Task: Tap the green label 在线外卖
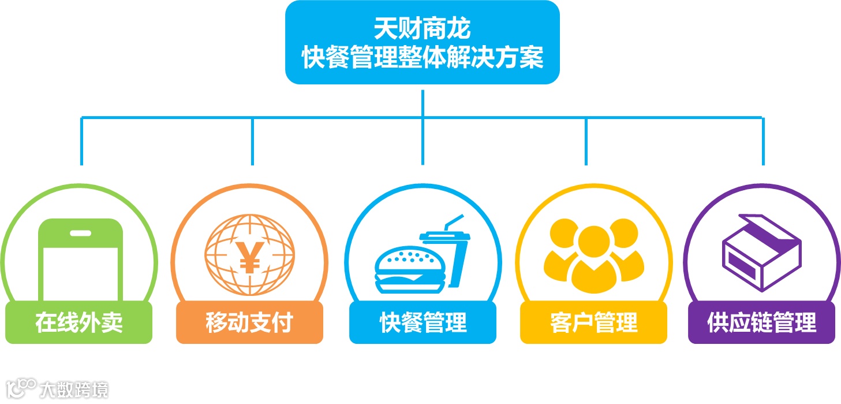[79, 322]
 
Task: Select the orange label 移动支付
[249, 322]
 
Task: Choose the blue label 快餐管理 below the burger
[423, 322]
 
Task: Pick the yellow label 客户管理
[593, 322]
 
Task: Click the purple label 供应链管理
[762, 322]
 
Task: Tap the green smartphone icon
[80, 260]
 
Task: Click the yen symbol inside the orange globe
[250, 256]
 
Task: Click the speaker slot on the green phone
[80, 233]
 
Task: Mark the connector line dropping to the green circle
[82, 142]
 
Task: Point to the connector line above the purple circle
[763, 142]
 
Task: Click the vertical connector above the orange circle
[252, 142]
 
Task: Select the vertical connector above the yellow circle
[586, 142]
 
